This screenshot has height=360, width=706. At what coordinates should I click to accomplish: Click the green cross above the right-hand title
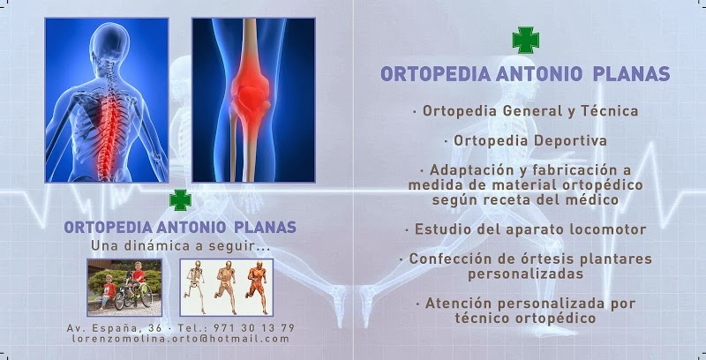coord(525,40)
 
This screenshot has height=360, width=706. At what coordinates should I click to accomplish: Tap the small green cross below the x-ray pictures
coord(180,199)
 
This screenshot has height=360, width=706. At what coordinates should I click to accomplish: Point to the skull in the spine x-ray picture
coord(109,41)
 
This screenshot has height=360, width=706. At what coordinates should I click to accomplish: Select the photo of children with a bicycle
coord(124,287)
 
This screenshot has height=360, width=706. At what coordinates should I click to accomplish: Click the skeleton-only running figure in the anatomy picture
coord(195,286)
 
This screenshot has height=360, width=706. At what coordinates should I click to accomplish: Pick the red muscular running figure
coord(257,287)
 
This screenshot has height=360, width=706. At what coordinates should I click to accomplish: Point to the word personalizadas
coord(525,274)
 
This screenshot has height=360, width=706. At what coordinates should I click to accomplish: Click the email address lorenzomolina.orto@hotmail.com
coord(181,339)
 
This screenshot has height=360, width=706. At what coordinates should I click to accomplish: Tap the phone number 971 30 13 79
coord(254,327)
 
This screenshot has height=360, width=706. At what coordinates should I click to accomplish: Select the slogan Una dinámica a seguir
coord(181,246)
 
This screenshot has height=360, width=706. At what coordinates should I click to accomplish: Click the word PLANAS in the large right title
coord(631,74)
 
